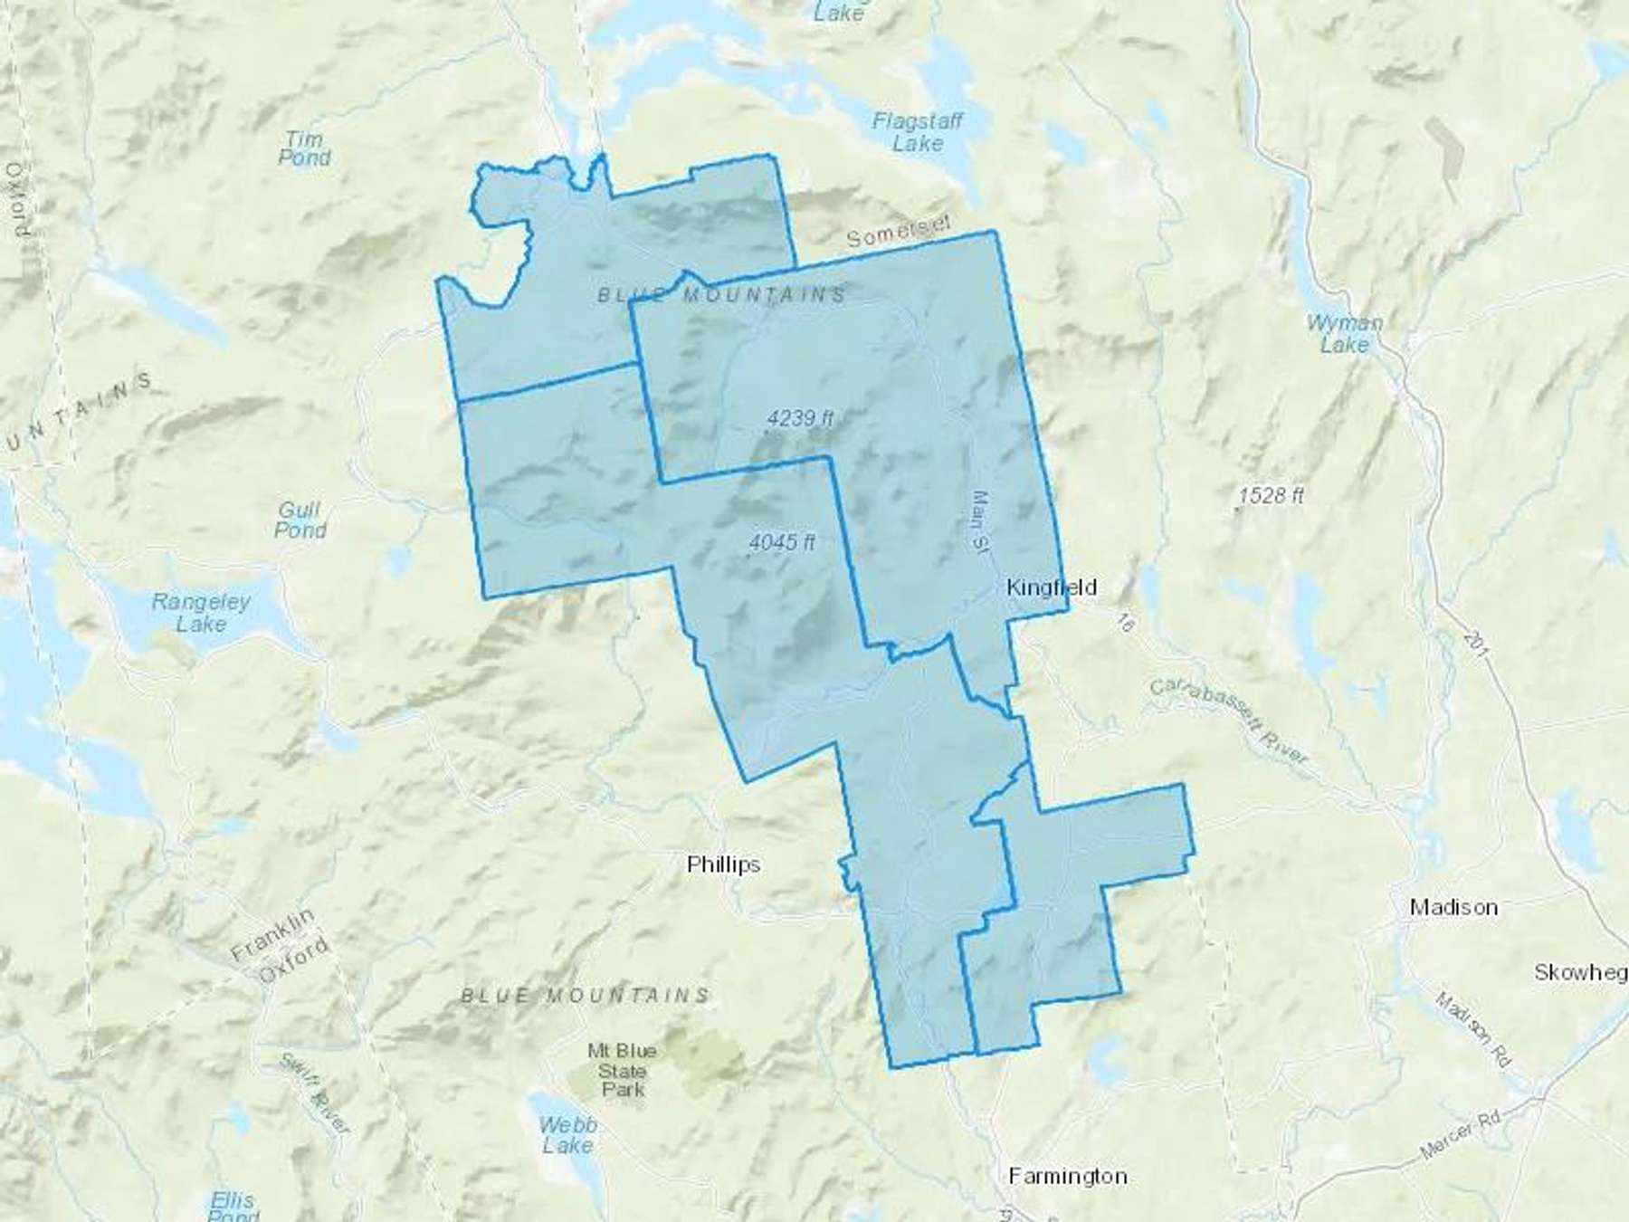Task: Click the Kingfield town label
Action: [x=1052, y=587]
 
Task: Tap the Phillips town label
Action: [x=723, y=864]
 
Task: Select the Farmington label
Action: [x=1068, y=1176]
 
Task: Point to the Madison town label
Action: [x=1453, y=907]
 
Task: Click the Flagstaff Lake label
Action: [x=918, y=132]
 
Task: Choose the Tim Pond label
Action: [x=304, y=148]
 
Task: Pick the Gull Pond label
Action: [x=300, y=520]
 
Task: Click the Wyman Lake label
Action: [x=1344, y=333]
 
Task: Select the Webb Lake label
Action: [x=567, y=1135]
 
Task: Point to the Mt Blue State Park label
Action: [x=623, y=1069]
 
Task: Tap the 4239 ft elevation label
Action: [x=800, y=418]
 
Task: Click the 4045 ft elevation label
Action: [x=782, y=542]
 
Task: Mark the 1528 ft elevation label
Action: [x=1272, y=496]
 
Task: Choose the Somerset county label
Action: [x=900, y=232]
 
